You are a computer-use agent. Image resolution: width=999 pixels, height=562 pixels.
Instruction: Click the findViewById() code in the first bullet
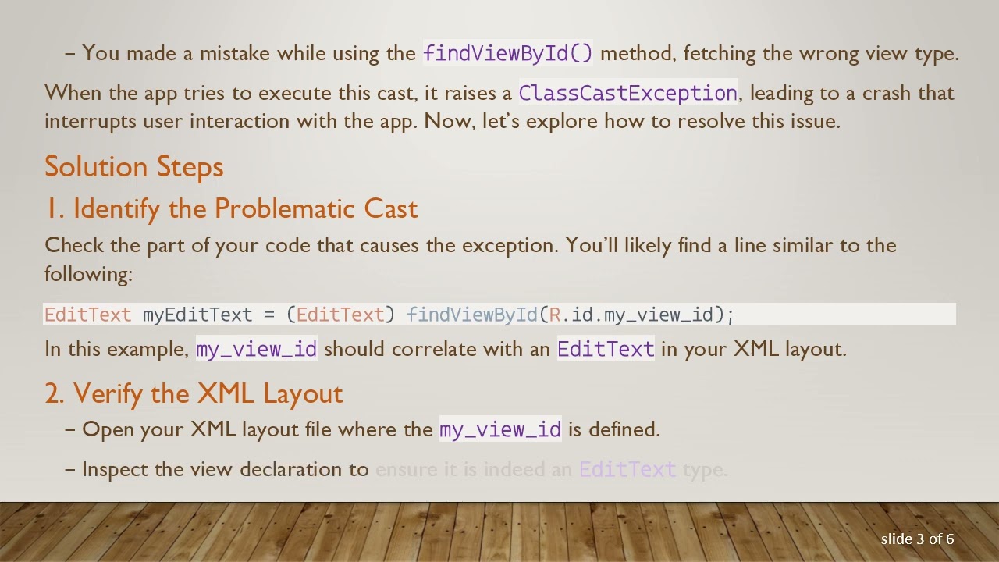pyautogui.click(x=508, y=53)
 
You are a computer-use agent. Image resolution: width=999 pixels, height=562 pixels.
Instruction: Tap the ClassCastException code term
pyautogui.click(x=627, y=93)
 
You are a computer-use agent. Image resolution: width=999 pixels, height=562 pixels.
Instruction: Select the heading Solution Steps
pyautogui.click(x=134, y=166)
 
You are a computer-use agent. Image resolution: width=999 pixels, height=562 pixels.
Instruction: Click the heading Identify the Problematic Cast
pyautogui.click(x=231, y=208)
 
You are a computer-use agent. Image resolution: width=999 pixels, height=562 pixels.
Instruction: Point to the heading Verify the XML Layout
pyautogui.click(x=194, y=393)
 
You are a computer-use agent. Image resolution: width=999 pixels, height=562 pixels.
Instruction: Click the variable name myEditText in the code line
pyautogui.click(x=197, y=315)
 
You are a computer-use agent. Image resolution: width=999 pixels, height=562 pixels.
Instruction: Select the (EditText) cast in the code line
pyautogui.click(x=340, y=315)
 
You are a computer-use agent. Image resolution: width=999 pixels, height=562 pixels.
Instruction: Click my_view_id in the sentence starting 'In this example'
pyautogui.click(x=257, y=349)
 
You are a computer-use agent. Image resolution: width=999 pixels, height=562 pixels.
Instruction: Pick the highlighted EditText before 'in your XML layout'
pyautogui.click(x=606, y=349)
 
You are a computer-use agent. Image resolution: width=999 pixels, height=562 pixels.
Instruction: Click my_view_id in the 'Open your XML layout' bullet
pyautogui.click(x=500, y=429)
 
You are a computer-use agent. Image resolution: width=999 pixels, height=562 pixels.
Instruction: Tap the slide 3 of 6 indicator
pyautogui.click(x=917, y=539)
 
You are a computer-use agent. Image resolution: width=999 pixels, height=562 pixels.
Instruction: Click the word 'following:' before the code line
pyautogui.click(x=88, y=274)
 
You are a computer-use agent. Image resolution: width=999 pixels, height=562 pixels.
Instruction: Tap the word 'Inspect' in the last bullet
pyautogui.click(x=116, y=469)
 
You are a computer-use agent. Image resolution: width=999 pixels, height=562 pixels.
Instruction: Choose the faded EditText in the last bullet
pyautogui.click(x=627, y=470)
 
